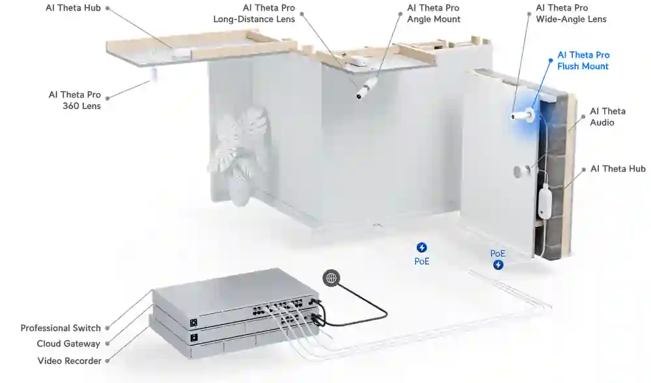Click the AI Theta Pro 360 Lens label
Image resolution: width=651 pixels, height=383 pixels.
(x=75, y=100)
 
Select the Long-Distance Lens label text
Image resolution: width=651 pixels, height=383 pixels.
(x=254, y=19)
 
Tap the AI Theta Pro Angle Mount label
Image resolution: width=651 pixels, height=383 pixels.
(x=434, y=14)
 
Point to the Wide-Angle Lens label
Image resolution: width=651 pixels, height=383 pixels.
(x=571, y=19)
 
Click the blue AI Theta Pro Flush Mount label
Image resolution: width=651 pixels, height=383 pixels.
(x=583, y=60)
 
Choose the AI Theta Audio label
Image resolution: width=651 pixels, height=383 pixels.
(x=607, y=116)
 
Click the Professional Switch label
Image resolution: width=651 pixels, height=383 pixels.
(x=61, y=328)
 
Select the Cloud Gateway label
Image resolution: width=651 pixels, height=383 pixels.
(x=68, y=343)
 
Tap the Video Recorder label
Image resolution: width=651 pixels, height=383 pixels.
(x=70, y=361)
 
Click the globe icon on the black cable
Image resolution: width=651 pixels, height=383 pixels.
(x=331, y=278)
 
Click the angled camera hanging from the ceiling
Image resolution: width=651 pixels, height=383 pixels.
(x=367, y=88)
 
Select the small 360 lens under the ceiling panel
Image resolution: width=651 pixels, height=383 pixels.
(x=154, y=75)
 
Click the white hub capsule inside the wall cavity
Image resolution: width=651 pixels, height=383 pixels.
(x=545, y=202)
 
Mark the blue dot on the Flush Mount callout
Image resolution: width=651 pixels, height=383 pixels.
(x=551, y=60)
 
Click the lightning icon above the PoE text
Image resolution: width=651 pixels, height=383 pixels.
(x=422, y=248)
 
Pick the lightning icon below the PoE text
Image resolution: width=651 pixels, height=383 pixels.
(x=498, y=265)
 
